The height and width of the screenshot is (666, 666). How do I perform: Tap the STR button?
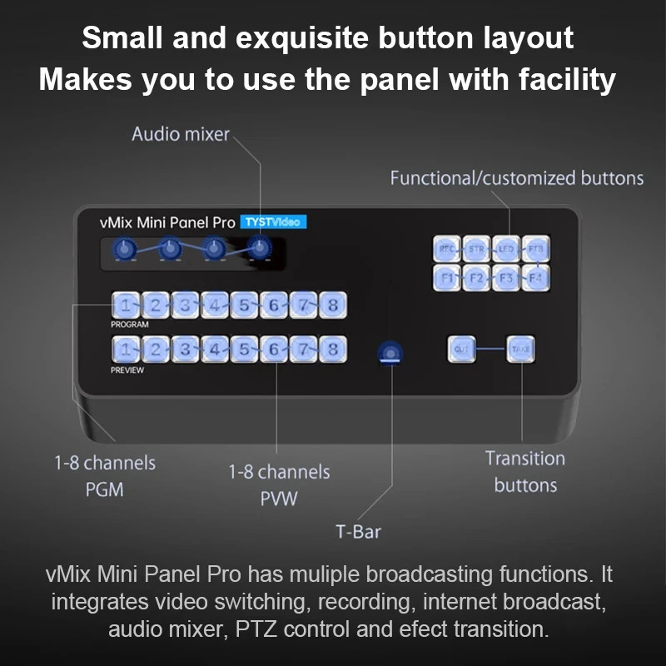[475, 248]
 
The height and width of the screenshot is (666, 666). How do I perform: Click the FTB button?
[534, 248]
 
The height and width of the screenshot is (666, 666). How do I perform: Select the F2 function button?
[475, 277]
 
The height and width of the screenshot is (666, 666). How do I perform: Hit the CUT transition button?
[461, 350]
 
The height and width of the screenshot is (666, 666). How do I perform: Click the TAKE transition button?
[521, 350]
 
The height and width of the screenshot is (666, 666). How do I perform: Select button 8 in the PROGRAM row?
[332, 306]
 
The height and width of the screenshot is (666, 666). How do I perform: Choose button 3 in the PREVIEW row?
[184, 349]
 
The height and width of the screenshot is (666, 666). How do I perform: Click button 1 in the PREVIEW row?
[124, 349]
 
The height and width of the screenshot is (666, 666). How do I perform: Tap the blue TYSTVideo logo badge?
[273, 222]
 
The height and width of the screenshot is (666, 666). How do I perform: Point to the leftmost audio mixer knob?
[125, 248]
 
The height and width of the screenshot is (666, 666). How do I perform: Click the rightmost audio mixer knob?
[261, 248]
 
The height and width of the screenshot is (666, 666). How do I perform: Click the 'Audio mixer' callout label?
[181, 134]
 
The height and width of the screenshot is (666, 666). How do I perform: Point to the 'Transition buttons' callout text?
[524, 471]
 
